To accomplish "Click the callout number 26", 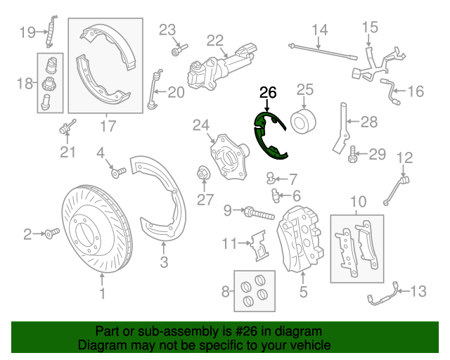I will pos(268,92).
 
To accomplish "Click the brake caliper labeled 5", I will pos(302,239).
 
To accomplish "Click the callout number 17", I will pos(107,127).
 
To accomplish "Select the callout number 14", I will pos(320,30).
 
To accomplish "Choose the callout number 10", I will pos(358,200).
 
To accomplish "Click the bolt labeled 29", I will pos(352,153).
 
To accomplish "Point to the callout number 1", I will pos(102,295).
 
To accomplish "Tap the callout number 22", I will pos(214,39).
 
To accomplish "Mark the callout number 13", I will pos(418,290).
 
